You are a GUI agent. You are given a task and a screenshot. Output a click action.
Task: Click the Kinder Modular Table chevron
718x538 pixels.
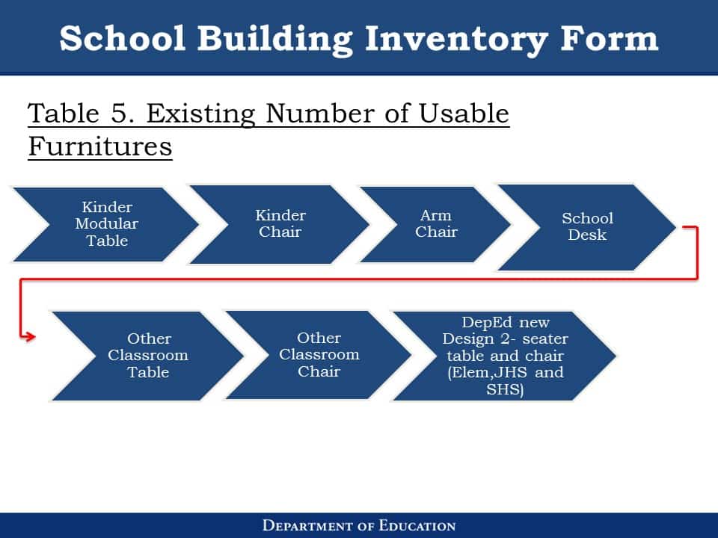pyautogui.click(x=106, y=224)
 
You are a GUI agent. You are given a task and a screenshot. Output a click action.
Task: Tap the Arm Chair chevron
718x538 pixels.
pyautogui.click(x=435, y=224)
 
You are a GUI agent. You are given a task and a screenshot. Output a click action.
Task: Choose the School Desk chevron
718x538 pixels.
pyautogui.click(x=587, y=227)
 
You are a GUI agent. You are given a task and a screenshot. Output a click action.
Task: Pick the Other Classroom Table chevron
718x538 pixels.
pyautogui.click(x=147, y=356)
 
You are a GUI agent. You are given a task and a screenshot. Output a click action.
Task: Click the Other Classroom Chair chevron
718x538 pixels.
pyautogui.click(x=319, y=355)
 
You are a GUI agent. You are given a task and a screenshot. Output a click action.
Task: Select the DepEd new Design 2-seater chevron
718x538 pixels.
pyautogui.click(x=505, y=356)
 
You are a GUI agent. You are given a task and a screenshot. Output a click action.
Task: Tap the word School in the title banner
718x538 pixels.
pyautogui.click(x=122, y=37)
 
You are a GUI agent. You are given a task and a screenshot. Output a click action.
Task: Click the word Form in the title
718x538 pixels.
pyautogui.click(x=609, y=37)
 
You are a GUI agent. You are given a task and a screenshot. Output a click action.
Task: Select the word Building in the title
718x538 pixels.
pyautogui.click(x=275, y=40)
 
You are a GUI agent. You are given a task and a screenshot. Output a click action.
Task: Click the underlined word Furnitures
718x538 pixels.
pyautogui.click(x=100, y=146)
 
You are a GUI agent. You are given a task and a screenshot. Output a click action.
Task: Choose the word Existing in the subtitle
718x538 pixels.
pyautogui.click(x=201, y=114)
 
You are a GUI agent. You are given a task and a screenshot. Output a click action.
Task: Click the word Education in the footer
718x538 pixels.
pyautogui.click(x=417, y=525)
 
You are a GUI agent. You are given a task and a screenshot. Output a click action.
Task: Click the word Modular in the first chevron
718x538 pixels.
pyautogui.click(x=107, y=223)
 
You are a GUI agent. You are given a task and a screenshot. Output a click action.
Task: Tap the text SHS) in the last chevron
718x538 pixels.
pyautogui.click(x=505, y=389)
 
